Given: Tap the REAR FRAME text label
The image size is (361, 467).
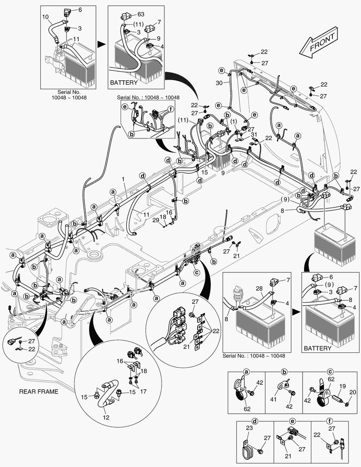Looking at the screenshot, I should [x=38, y=392].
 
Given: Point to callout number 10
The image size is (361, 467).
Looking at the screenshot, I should [x=45, y=16].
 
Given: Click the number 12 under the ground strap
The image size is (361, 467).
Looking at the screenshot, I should [x=106, y=417].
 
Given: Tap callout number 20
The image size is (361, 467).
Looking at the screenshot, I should [x=352, y=392].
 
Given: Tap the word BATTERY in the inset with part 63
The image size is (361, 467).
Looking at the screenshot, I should [x=124, y=82].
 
